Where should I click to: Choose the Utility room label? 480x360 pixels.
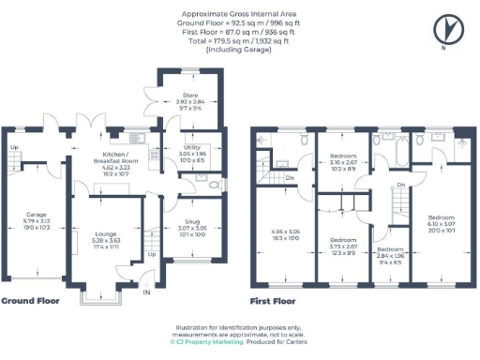(x=191, y=147)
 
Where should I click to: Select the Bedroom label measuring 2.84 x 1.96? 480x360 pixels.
(x=391, y=250)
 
